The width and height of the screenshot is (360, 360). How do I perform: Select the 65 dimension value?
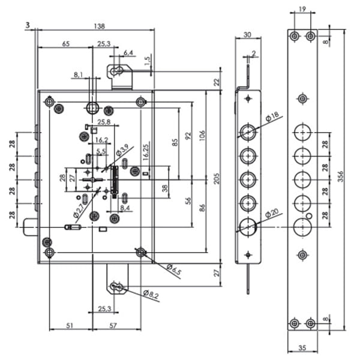coord(66,43)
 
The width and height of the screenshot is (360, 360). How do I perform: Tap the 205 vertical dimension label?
coord(217,178)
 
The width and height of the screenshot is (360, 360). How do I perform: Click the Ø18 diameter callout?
coord(272,116)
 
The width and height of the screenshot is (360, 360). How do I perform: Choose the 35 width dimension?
coord(302,347)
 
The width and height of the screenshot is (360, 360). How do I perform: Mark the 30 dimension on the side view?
coord(247,34)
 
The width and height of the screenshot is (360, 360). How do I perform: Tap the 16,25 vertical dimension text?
coord(146,151)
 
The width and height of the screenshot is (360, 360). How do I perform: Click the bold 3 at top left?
coord(28,25)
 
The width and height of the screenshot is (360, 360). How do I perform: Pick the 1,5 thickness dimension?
coord(147,61)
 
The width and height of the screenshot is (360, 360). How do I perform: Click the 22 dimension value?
coord(217,82)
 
